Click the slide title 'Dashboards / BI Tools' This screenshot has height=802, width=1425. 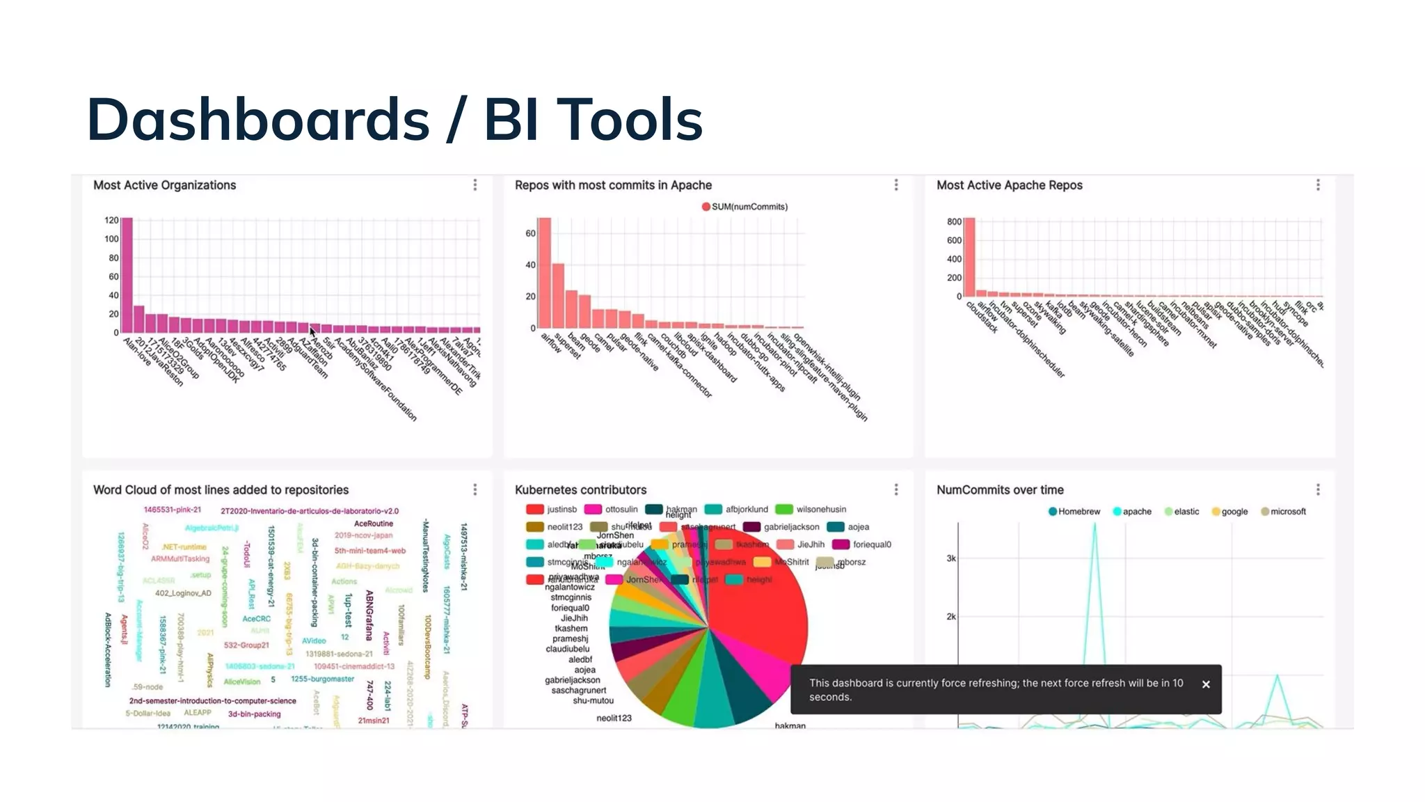(395, 119)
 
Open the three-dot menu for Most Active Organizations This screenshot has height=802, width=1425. (475, 185)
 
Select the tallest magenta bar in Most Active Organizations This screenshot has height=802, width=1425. (127, 275)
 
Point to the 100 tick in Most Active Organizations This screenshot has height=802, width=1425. (111, 239)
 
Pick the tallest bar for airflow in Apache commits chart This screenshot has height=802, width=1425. (544, 273)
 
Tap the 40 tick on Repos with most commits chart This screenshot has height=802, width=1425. (530, 265)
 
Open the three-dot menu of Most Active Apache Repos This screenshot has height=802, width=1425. (1318, 185)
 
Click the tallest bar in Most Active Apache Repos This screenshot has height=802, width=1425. (969, 258)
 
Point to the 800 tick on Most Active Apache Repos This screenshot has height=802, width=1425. (954, 221)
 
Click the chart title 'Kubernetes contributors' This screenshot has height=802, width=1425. (580, 490)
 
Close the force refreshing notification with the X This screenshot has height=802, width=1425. (1206, 684)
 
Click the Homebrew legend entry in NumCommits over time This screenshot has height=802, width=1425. (1074, 512)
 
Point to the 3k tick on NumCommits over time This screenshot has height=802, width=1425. (950, 558)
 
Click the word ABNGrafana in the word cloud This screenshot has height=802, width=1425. (369, 615)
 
